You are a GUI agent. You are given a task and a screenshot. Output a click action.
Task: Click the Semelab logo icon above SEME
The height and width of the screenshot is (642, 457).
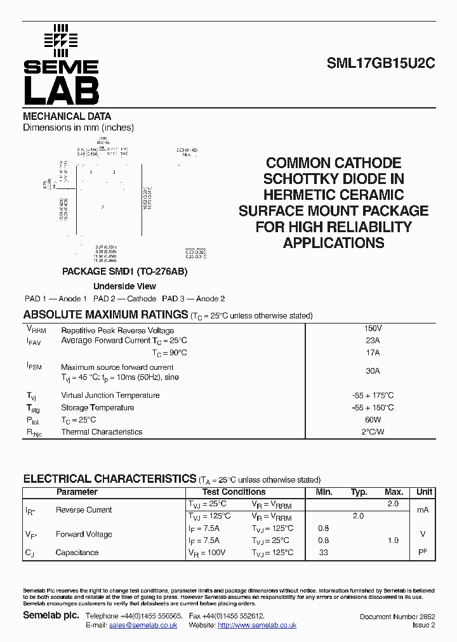(60, 39)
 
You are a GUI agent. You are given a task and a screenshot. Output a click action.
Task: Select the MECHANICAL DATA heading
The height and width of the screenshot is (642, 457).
(67, 116)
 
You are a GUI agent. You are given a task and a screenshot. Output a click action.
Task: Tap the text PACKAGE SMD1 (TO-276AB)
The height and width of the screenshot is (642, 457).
(124, 271)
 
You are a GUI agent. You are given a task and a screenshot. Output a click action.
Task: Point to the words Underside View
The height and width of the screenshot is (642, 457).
(124, 286)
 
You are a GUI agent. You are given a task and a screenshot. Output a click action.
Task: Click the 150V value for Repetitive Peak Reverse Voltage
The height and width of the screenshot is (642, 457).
(373, 329)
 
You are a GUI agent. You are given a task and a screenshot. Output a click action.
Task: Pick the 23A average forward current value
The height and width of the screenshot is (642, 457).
(373, 340)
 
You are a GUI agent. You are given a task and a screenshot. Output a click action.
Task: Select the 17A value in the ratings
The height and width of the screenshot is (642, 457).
(373, 353)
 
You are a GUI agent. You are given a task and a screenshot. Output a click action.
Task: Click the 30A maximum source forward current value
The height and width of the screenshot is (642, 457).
(373, 371)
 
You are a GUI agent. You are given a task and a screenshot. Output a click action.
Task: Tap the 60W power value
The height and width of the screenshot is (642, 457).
(373, 420)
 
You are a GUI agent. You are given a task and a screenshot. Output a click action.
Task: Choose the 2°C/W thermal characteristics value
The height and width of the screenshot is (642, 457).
(373, 432)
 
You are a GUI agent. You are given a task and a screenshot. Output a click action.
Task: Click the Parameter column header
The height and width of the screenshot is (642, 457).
(77, 492)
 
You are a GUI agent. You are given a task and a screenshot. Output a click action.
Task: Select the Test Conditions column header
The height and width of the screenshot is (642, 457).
(234, 492)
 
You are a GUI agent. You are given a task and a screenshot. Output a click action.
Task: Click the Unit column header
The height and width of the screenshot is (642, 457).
(424, 492)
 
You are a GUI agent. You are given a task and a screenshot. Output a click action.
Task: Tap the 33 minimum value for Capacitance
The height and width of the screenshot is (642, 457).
(324, 553)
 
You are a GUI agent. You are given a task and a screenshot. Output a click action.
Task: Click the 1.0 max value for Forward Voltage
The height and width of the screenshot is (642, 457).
(393, 540)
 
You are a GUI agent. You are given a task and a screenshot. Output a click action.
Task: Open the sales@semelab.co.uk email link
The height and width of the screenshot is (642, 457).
(143, 626)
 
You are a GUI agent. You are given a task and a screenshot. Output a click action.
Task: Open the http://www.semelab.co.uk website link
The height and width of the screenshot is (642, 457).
(257, 626)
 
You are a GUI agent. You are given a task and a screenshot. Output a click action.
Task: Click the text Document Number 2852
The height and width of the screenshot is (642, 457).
(397, 617)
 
